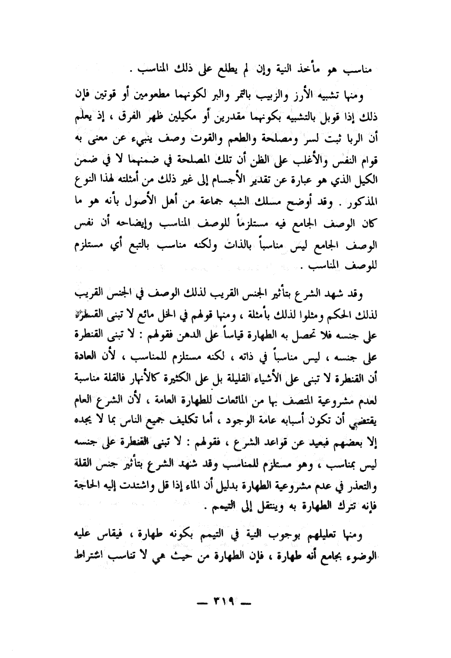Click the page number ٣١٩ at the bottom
(x=225, y=603)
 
